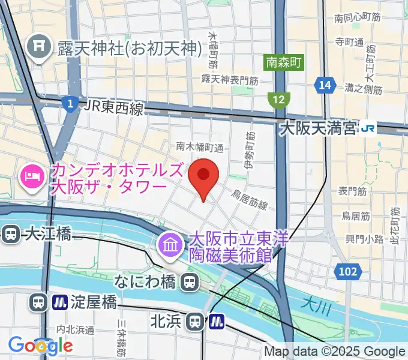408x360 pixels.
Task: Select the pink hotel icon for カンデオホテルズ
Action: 32,175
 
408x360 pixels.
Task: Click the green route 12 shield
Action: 279,100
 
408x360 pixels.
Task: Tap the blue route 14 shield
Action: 325,86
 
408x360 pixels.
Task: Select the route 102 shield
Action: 348,271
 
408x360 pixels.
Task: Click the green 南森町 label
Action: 284,62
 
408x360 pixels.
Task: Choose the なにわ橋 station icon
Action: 190,281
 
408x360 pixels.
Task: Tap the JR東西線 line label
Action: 114,108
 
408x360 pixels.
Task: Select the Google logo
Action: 40,345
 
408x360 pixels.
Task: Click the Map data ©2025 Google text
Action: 335,352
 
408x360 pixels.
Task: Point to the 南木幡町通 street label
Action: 200,146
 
